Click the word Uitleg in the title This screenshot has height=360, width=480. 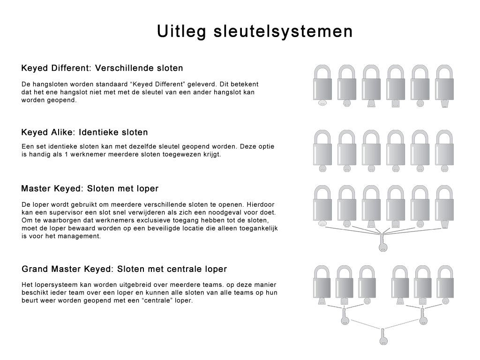(x=182, y=31)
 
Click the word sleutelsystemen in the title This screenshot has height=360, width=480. (x=283, y=31)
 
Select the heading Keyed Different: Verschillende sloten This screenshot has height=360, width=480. (x=102, y=68)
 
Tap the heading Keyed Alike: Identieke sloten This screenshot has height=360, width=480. (x=84, y=132)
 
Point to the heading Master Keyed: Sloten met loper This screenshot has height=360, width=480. (x=90, y=188)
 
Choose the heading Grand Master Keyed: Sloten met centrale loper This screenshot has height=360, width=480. (x=124, y=269)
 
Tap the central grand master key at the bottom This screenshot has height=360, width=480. (x=383, y=337)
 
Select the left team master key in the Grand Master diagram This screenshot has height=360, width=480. (x=345, y=316)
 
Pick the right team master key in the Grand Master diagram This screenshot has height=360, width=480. (x=423, y=316)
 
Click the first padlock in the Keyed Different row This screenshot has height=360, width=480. (x=322, y=86)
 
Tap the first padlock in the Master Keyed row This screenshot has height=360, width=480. (x=322, y=206)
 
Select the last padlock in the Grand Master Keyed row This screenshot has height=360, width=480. (x=445, y=285)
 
